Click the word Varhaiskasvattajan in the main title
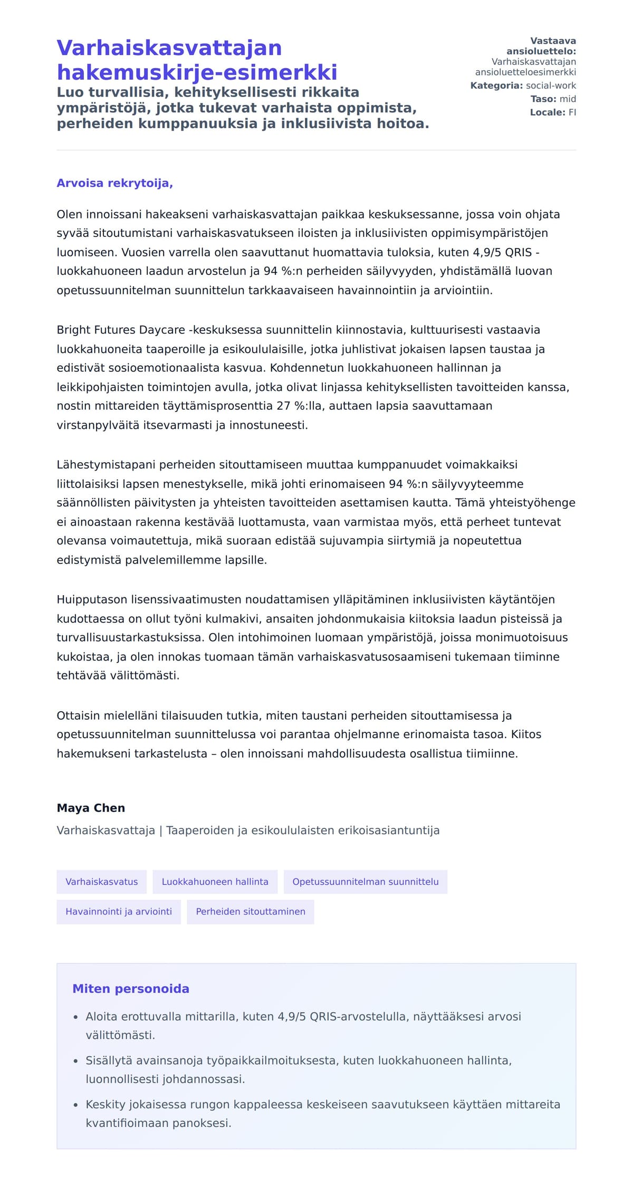tap(169, 48)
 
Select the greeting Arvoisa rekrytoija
tap(114, 183)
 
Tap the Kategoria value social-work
tap(551, 85)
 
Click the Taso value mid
tap(568, 99)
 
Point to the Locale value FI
tap(572, 112)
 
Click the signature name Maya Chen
tap(91, 808)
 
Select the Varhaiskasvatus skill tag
tap(101, 882)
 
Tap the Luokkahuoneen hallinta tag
tap(215, 882)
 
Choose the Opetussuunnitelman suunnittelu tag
tap(365, 882)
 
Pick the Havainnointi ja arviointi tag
tap(118, 912)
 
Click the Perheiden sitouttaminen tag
tap(250, 912)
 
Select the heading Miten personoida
tap(130, 989)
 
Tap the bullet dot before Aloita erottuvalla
tap(75, 1017)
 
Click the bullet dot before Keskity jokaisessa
tap(75, 1105)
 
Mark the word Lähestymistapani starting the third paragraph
tap(106, 465)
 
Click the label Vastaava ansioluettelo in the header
tap(541, 46)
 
